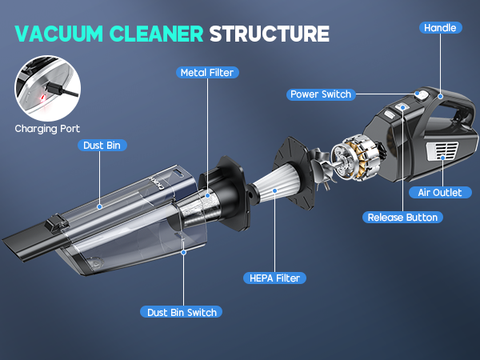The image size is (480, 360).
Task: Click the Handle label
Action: (440, 28)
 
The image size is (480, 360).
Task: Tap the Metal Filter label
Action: (207, 73)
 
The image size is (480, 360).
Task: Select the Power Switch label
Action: (321, 94)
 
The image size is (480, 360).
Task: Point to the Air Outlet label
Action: (440, 193)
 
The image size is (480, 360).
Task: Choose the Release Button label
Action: (402, 218)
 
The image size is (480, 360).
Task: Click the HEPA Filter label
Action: (274, 278)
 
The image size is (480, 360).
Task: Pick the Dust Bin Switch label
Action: (182, 312)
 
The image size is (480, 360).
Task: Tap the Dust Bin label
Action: (102, 146)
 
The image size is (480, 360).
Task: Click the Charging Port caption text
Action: (47, 129)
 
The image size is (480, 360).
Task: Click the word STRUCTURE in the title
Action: (270, 34)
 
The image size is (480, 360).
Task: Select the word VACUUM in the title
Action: (58, 34)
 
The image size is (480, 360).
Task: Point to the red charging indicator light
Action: (43, 98)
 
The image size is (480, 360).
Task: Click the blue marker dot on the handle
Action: (440, 96)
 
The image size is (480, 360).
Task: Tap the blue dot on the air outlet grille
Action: (442, 158)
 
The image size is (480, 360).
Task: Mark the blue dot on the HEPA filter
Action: (275, 190)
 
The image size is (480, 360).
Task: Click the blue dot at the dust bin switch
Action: (183, 252)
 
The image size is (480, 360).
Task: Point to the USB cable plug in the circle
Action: (54, 89)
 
